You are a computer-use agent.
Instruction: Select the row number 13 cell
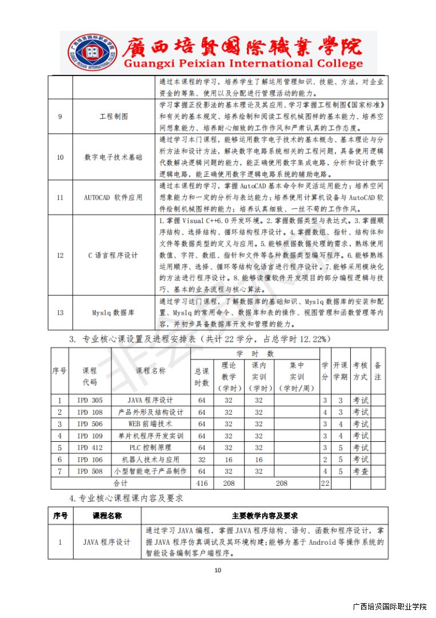pos(60,313)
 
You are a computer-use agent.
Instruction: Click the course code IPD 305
pos(90,400)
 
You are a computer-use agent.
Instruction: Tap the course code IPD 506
pos(90,424)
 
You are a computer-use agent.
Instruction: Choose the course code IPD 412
pos(90,447)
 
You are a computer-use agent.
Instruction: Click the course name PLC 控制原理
pos(150,447)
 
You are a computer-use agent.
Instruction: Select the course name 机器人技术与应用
pos(150,459)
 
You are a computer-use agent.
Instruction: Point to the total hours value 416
pos(201,484)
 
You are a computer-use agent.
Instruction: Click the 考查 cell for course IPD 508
pos(360,472)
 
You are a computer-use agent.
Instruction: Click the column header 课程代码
pos(90,376)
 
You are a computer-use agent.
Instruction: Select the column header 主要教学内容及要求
pos(265,516)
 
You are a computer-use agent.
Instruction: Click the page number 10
pos(217,570)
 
